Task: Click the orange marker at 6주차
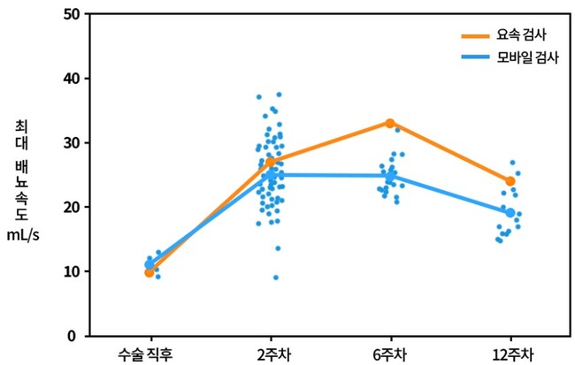390,123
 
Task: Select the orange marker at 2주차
270,162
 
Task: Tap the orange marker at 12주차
510,181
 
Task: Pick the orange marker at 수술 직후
149,272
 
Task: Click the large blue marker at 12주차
510,213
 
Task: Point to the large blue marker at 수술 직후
149,264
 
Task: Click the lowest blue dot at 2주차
276,278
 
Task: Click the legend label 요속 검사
523,36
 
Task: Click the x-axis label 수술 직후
149,355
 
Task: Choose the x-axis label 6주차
390,355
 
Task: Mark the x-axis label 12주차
510,355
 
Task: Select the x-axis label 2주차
270,355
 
